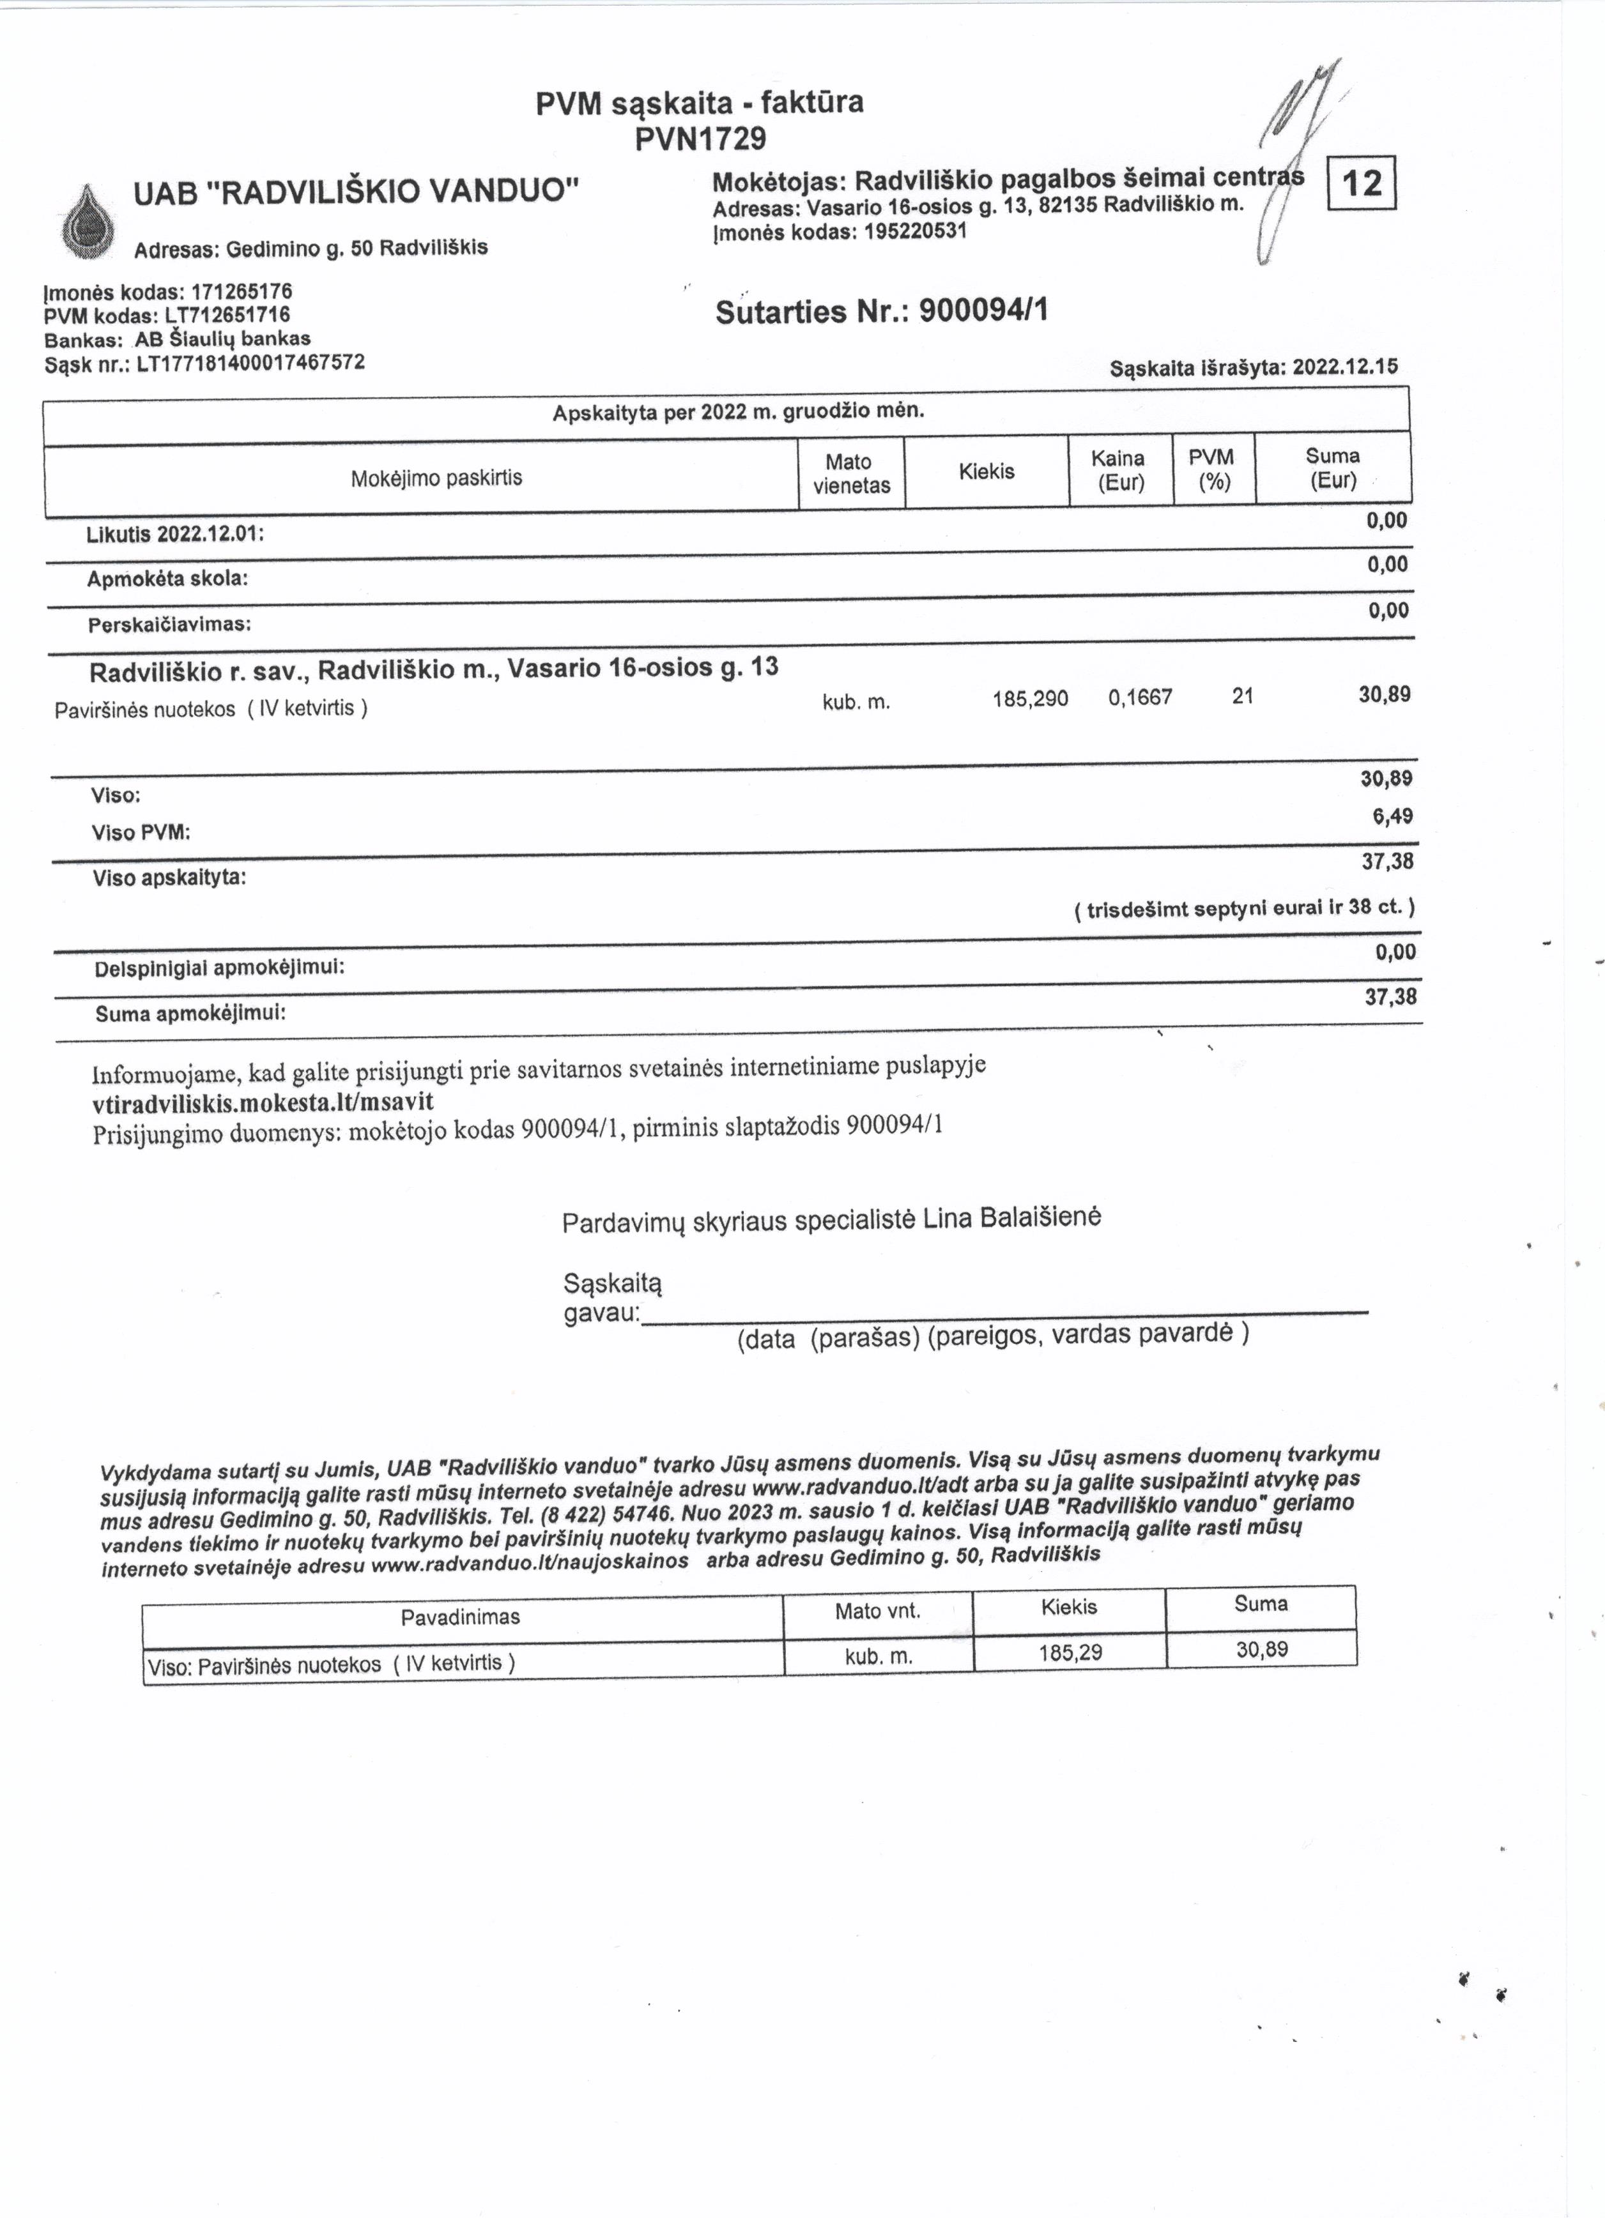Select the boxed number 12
1363,183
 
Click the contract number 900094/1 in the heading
983,311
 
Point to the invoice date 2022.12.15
1345,367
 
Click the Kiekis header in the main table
986,472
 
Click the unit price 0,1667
1140,698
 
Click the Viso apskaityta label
169,877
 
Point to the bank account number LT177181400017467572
251,362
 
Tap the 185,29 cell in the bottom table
1070,1651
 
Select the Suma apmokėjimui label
190,1013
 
